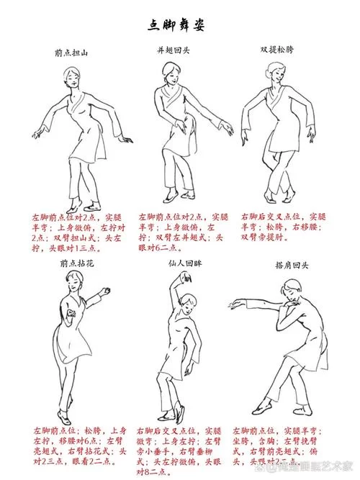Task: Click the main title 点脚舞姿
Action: coord(179,25)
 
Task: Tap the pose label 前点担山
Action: coord(74,53)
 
